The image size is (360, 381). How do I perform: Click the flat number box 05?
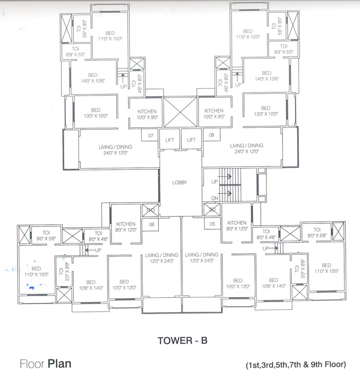coord(212,224)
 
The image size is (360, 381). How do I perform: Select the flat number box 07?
coord(150,136)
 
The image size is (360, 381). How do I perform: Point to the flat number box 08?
coord(212,136)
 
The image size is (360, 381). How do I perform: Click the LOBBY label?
coord(180,183)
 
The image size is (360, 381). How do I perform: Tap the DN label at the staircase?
coord(214,198)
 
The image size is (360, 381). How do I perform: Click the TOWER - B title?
coord(183,341)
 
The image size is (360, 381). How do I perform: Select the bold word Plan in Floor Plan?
coord(59,363)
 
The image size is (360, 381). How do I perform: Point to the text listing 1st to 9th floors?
coord(296,364)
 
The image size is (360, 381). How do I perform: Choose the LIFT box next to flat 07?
coord(169,140)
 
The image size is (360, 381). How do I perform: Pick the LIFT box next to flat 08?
coord(192,140)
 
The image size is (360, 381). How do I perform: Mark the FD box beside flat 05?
coord(212,210)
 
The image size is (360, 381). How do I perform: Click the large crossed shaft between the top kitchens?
coord(180,112)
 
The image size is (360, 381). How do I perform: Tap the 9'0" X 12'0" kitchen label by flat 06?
coord(126,226)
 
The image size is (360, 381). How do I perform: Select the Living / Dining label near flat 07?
coord(115,149)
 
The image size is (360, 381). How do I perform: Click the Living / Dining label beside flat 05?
coord(201,257)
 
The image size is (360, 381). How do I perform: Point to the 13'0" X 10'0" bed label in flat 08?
coord(265,112)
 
